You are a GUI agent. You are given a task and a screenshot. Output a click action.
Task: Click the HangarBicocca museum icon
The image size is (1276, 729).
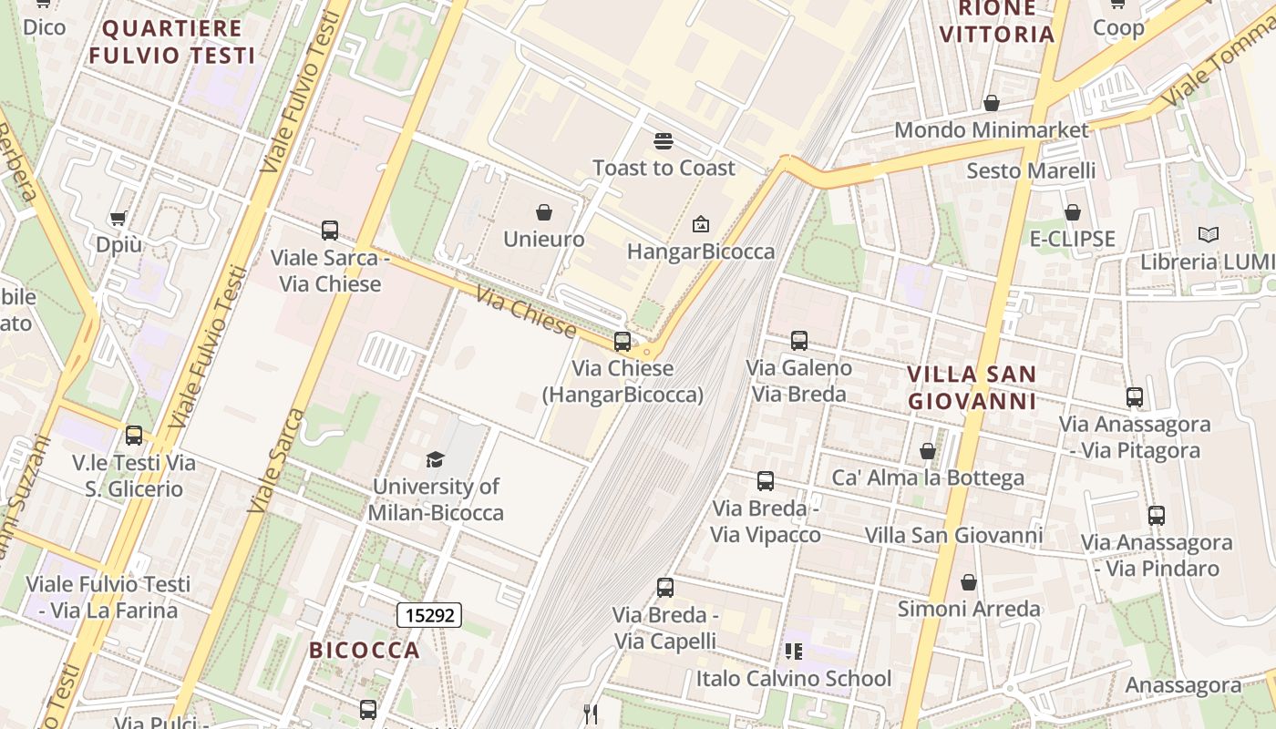coord(701,223)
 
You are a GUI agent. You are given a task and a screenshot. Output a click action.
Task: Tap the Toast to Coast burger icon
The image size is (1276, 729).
coord(664,141)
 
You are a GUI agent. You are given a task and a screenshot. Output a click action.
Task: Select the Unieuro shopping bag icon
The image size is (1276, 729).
coord(544,212)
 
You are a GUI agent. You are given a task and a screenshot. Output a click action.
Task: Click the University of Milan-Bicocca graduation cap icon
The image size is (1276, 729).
coord(436,459)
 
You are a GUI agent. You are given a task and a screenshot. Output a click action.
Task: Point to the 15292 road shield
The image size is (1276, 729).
coord(429,615)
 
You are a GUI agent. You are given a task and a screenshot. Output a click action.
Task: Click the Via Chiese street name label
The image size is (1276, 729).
coord(526,311)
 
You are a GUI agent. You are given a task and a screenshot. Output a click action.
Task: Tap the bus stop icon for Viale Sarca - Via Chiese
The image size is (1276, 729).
coord(330,231)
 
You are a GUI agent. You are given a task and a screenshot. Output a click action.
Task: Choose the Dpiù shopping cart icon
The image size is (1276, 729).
coord(118,218)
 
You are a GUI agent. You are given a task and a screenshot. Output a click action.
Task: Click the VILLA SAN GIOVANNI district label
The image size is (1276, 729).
coord(972,387)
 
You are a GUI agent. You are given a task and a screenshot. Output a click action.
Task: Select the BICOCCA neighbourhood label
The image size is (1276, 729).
coord(365,650)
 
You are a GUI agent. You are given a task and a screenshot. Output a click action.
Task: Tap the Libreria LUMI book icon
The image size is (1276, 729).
coord(1209,235)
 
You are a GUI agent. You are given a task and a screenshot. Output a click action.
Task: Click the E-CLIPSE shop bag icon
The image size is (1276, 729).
coord(1073,212)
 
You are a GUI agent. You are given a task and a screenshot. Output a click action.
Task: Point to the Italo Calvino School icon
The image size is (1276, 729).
coord(794,652)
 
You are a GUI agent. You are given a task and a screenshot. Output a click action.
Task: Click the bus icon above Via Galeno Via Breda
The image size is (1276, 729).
coord(799,341)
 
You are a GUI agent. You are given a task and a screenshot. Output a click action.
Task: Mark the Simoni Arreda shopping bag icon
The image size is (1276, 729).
coord(969,581)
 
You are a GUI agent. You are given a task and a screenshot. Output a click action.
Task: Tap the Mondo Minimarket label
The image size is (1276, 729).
coord(991,129)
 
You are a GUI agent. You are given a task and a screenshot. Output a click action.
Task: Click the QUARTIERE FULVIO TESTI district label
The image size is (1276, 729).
coord(172,41)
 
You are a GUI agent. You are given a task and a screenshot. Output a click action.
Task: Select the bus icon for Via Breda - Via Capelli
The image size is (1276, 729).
coord(665,588)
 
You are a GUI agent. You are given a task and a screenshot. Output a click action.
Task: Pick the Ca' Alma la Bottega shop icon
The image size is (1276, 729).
coord(928,451)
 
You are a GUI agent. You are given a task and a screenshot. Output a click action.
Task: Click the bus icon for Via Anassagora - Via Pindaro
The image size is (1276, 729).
coord(1157,516)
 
